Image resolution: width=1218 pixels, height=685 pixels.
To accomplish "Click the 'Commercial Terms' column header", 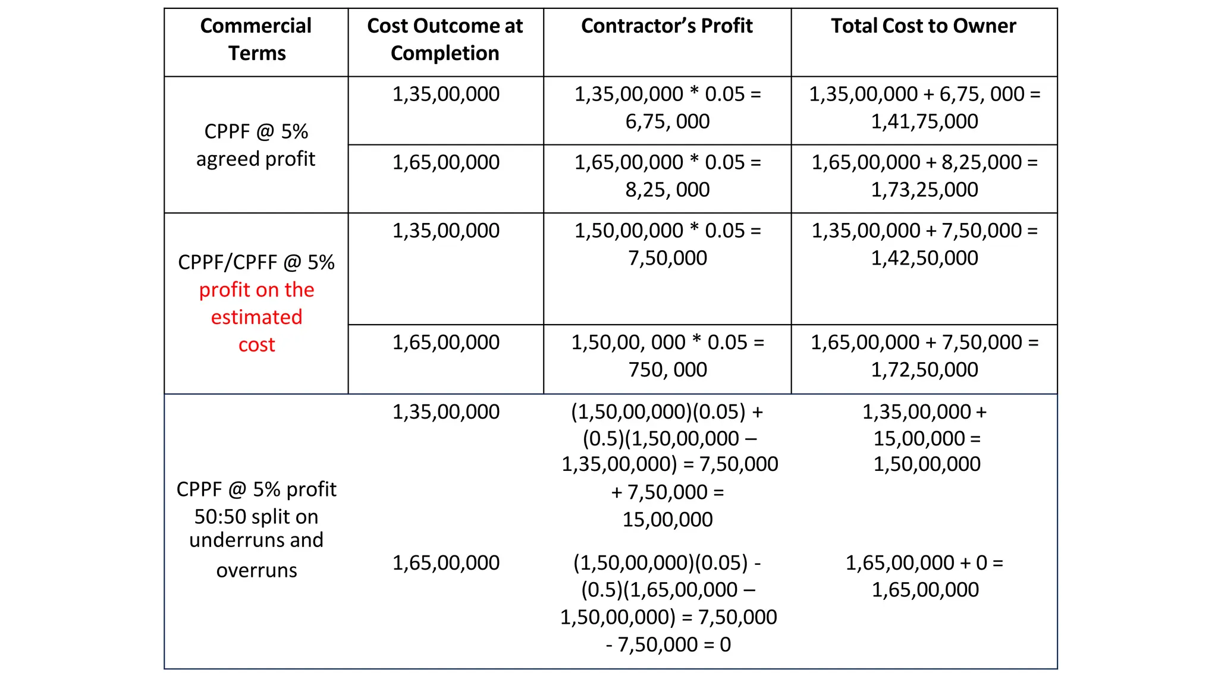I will pos(256,39).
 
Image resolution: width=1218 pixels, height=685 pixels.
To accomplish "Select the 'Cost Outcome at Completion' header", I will pos(445,39).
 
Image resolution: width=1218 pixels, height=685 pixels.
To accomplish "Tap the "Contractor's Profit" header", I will pos(667,26).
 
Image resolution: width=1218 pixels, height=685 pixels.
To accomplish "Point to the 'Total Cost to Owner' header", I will pos(923,26).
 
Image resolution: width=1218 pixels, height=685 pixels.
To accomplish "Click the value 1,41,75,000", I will pos(924,121).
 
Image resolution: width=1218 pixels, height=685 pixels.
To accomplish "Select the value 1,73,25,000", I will pos(924,190).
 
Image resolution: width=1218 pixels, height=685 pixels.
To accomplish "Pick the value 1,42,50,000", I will pos(924,258).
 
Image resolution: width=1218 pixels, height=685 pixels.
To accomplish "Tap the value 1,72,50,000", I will pos(924,370).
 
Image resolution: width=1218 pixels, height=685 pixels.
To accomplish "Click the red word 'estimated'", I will pos(256,317).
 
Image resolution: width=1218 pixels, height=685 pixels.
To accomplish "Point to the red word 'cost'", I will pos(256,345).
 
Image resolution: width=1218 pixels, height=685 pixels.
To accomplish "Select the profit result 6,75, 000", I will pos(667,121).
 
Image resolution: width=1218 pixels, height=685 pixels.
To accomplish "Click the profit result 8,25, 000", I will pos(667,190).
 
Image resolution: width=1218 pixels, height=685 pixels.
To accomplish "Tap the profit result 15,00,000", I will pos(667,520).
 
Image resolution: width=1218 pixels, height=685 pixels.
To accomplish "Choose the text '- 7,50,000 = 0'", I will pos(668,645).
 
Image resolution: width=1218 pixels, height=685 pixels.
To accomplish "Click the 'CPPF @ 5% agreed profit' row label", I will pos(256,145).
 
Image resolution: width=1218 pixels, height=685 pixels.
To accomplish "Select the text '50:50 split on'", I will pos(256,517).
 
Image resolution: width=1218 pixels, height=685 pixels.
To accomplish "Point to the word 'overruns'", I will pos(256,570).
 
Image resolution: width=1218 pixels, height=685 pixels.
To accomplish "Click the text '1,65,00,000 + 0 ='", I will pos(924,563).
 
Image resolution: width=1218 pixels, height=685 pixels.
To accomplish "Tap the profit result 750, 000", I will pos(667,370).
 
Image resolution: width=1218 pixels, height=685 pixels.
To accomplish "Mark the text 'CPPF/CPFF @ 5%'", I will pos(256,262).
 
